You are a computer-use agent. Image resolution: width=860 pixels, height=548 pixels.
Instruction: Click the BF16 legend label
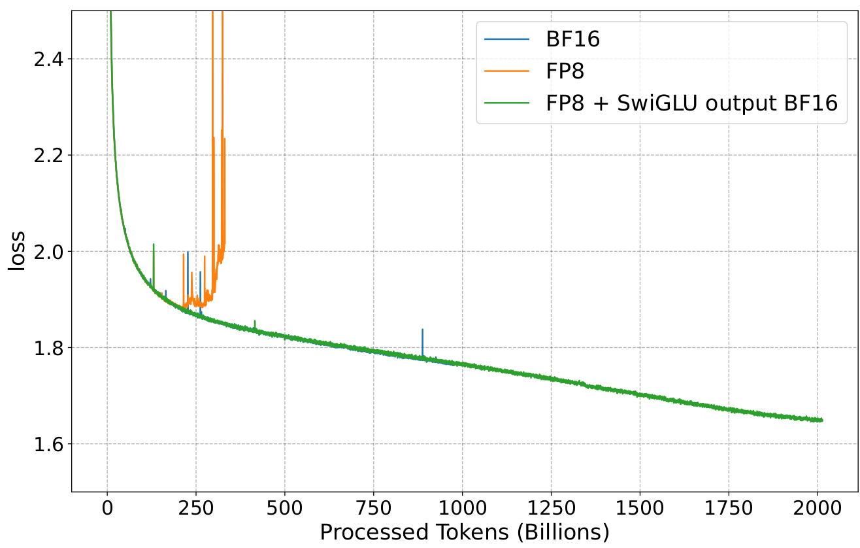coord(573,40)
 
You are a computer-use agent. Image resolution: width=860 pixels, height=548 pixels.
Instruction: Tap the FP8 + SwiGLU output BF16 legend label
coord(692,103)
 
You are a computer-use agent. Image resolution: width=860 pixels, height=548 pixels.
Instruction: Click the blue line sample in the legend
coord(506,40)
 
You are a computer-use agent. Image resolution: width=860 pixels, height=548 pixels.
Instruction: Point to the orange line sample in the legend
coord(506,71)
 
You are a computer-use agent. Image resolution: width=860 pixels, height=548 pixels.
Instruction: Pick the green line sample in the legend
coord(506,103)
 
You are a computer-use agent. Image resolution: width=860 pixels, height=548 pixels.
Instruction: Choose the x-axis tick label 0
coord(107,509)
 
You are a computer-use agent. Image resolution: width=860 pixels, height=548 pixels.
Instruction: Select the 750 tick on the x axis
coord(374,509)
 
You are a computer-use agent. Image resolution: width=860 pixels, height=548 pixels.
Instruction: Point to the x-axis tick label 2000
coord(818,509)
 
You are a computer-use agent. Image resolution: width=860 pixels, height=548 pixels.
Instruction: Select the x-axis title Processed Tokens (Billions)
coord(464,532)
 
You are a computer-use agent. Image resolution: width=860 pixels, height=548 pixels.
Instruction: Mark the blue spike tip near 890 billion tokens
coord(422,330)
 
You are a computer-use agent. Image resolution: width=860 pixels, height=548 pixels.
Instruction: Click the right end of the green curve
coord(821,420)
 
